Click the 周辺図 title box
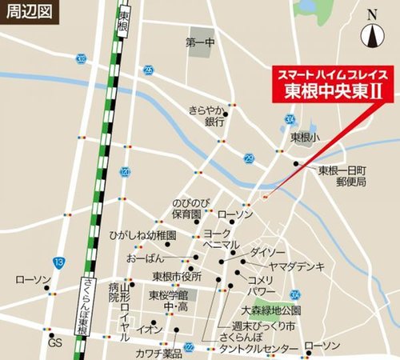[x=28, y=14]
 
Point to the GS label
[x=54, y=342]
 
